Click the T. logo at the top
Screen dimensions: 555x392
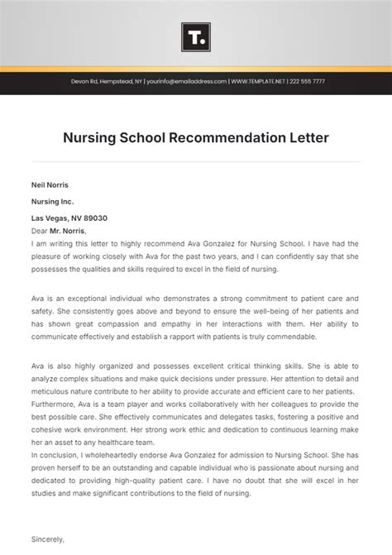195,37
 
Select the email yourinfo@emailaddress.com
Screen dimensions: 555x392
186,82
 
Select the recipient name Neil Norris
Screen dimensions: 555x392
50,184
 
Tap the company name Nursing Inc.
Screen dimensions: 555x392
52,201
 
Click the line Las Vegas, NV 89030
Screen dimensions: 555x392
69,218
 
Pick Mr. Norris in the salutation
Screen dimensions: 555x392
69,231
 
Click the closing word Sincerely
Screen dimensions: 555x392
47,538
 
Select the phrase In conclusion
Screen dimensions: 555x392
56,456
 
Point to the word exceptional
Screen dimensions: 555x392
84,298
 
